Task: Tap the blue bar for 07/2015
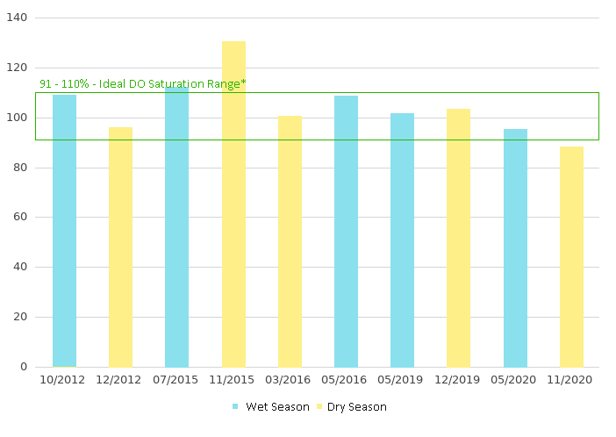click(176, 226)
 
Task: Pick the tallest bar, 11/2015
click(233, 204)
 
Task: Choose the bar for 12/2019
click(458, 238)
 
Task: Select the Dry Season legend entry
click(356, 407)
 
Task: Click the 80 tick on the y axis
click(21, 168)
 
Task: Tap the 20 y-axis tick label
click(21, 317)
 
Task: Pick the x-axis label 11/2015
click(233, 380)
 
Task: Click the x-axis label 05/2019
click(402, 380)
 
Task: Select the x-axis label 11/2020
click(571, 380)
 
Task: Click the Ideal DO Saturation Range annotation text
click(143, 83)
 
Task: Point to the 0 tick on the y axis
click(24, 367)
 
